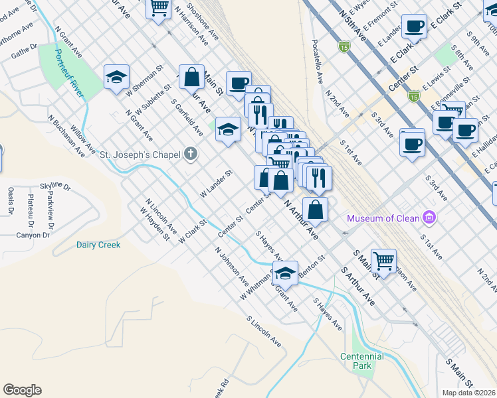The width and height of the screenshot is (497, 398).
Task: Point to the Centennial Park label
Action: click(362, 361)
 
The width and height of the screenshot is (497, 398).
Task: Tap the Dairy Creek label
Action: click(98, 245)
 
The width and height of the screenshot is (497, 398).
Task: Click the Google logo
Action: click(22, 390)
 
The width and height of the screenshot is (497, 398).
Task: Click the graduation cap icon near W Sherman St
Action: click(116, 77)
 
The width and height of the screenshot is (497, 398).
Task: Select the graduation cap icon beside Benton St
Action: click(284, 272)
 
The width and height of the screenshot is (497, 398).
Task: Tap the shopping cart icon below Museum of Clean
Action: click(383, 260)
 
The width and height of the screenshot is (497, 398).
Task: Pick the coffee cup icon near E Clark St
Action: click(414, 27)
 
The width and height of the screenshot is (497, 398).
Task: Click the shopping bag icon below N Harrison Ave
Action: click(191, 77)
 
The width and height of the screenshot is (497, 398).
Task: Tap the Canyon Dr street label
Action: click(33, 235)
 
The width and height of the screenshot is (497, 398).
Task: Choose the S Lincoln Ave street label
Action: click(264, 331)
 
